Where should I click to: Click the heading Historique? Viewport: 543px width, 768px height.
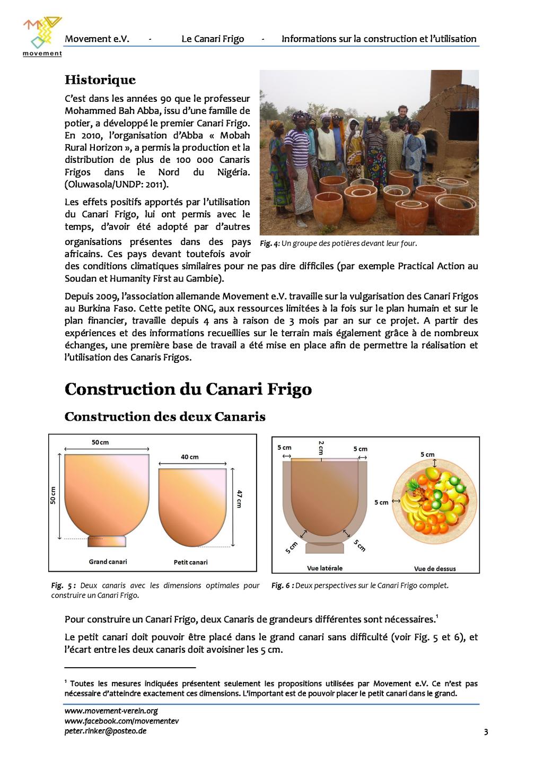click(x=100, y=80)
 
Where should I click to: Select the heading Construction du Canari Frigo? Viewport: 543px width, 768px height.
click(x=188, y=389)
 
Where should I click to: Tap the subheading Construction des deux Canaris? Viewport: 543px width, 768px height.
click(x=165, y=416)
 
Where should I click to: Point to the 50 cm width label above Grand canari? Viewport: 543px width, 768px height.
click(x=100, y=442)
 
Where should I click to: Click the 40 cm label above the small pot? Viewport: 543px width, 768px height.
click(x=190, y=457)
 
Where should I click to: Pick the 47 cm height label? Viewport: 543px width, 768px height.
click(x=239, y=499)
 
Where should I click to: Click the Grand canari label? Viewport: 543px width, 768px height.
click(x=108, y=561)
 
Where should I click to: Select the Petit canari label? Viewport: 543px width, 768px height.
click(x=190, y=562)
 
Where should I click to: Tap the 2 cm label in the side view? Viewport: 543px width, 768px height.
click(x=321, y=447)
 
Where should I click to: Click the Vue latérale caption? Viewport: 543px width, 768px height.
click(x=325, y=568)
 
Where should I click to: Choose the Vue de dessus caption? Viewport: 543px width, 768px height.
click(x=435, y=569)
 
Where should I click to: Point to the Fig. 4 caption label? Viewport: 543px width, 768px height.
click(x=269, y=244)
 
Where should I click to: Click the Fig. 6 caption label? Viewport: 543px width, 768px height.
click(x=282, y=586)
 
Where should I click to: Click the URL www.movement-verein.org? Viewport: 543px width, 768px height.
click(x=111, y=711)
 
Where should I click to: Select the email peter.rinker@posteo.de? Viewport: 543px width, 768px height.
click(x=106, y=731)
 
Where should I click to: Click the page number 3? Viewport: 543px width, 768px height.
click(x=486, y=732)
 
